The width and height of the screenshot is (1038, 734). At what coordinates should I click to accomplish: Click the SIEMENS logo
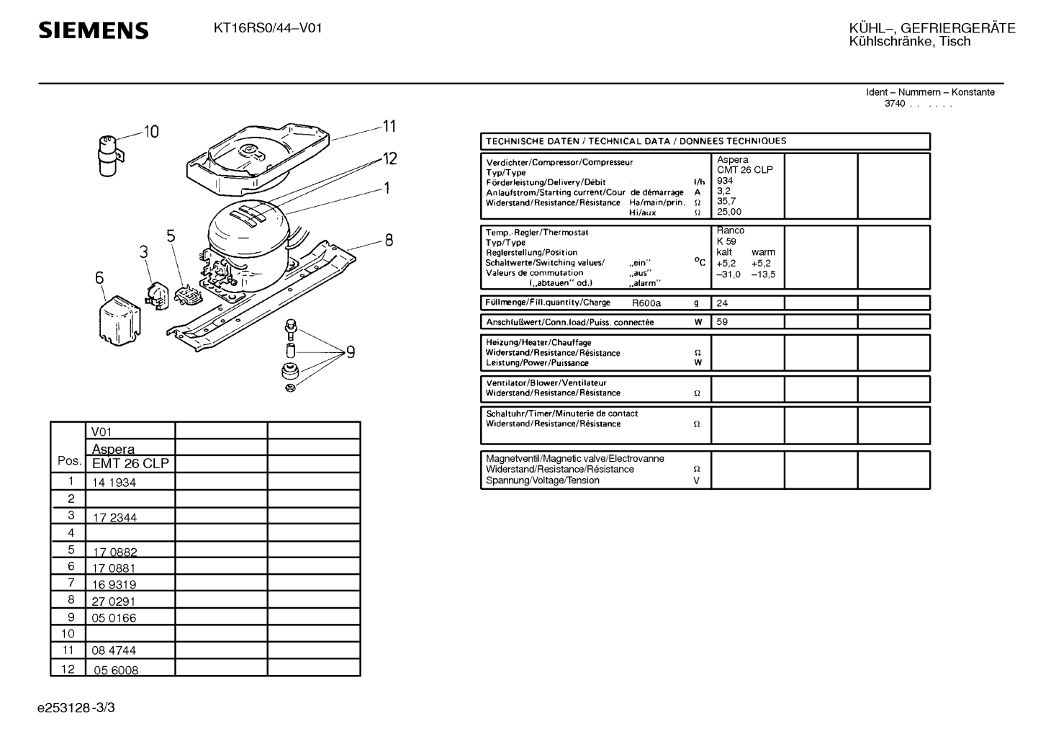[x=94, y=30]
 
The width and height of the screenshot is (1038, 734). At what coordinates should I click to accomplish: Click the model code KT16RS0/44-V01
[x=268, y=29]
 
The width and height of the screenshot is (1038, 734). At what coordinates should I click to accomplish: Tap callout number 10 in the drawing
[x=151, y=132]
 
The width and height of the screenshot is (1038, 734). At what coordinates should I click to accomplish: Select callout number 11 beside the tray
[x=389, y=127]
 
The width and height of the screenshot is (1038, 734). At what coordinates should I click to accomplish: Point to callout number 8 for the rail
[x=389, y=241]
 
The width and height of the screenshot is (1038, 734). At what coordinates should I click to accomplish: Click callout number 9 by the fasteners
[x=351, y=352]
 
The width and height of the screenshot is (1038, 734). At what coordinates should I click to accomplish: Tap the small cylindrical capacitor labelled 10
[x=108, y=153]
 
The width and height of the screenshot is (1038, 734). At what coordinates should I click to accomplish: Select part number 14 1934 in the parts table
[x=114, y=483]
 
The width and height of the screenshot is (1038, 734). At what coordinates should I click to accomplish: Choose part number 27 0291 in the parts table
[x=114, y=601]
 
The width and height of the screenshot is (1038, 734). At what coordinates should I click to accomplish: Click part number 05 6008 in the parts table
[x=115, y=670]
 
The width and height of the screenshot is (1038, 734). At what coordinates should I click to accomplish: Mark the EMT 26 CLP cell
[x=130, y=464]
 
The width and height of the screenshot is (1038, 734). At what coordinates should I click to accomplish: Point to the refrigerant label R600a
[x=646, y=303]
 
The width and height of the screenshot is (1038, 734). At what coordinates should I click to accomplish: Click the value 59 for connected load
[x=722, y=322]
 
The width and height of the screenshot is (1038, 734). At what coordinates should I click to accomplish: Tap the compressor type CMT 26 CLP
[x=744, y=170]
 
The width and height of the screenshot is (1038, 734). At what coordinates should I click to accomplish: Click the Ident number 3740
[x=895, y=104]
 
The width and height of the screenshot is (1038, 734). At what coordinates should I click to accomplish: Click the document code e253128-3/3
[x=76, y=707]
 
